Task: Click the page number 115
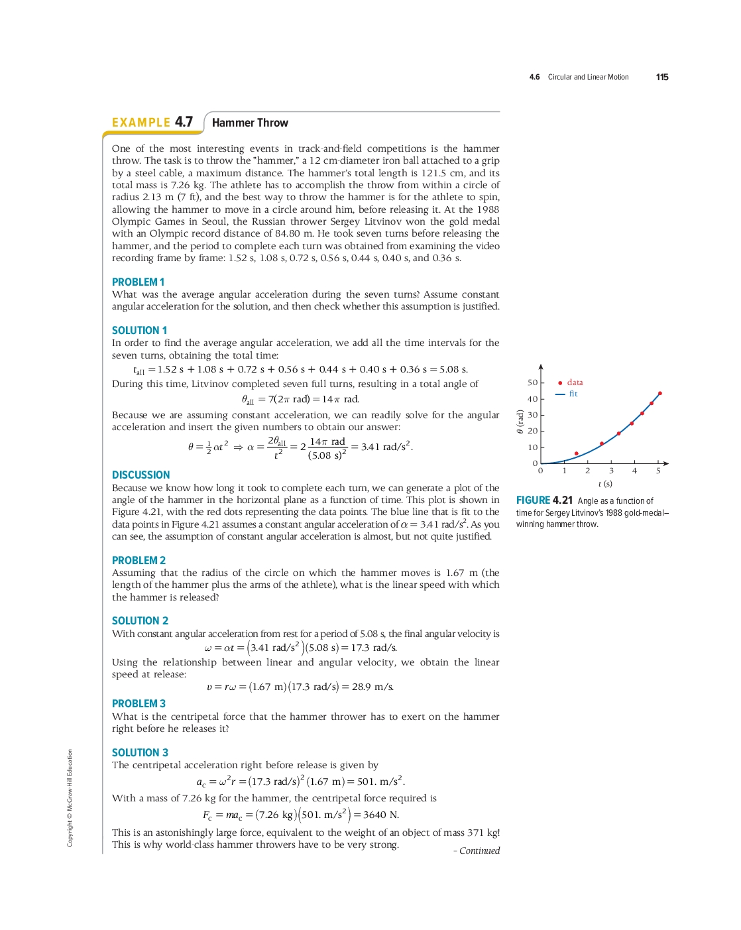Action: click(x=661, y=77)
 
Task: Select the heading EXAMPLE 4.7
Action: click(x=152, y=123)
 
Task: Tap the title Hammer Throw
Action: click(x=250, y=123)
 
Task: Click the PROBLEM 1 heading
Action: click(x=138, y=282)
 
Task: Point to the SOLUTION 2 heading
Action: click(x=140, y=620)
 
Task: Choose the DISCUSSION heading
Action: click(x=141, y=475)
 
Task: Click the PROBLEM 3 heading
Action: click(x=139, y=703)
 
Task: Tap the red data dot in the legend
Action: click(x=560, y=383)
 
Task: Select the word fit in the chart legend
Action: click(x=573, y=394)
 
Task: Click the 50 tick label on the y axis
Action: click(x=532, y=382)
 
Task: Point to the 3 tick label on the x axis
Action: click(x=611, y=471)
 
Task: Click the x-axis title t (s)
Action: click(x=605, y=484)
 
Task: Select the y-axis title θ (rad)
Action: click(x=520, y=422)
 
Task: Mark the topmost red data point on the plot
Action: click(x=660, y=393)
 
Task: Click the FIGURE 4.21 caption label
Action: click(x=544, y=500)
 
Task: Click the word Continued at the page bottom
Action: click(x=479, y=850)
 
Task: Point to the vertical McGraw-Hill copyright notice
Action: click(x=70, y=797)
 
